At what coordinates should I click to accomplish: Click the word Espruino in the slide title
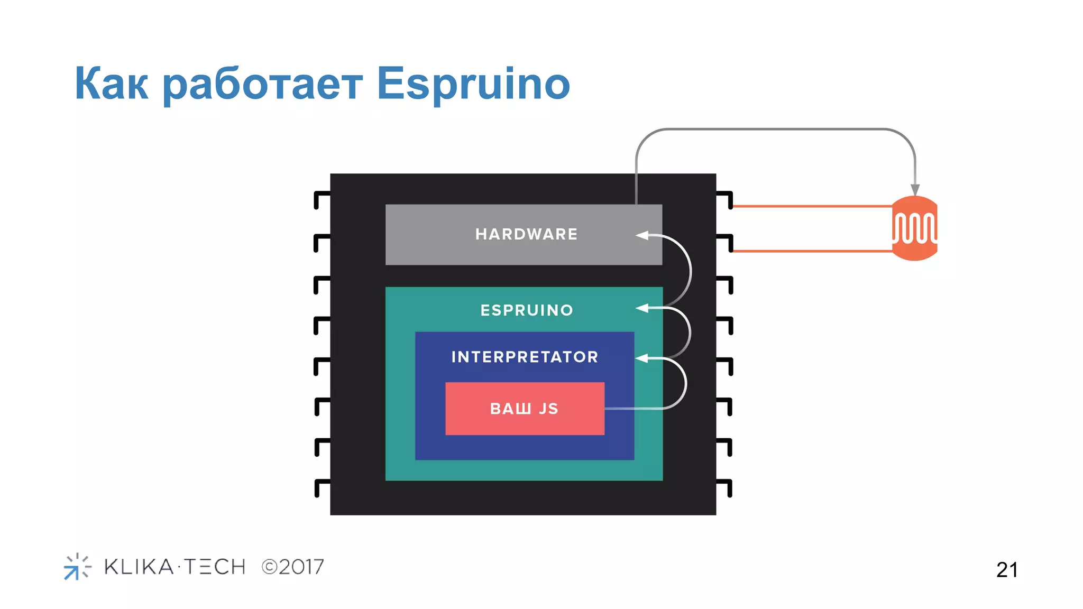473,85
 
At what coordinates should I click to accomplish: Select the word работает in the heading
262,85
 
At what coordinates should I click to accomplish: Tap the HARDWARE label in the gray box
526,234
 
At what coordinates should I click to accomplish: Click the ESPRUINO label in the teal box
527,310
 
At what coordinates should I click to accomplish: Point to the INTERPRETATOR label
525,357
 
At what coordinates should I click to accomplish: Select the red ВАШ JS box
525,409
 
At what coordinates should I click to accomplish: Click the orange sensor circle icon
915,228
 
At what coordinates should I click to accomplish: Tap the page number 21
1007,570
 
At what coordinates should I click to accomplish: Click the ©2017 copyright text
292,567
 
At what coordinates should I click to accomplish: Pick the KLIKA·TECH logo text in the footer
175,567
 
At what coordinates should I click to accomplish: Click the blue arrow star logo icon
77,567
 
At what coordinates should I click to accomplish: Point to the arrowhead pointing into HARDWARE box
642,235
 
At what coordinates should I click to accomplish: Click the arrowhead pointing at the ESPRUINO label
642,308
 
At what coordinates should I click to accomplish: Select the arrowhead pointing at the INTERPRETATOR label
641,358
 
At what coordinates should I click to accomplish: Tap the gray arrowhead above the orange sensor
915,190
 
